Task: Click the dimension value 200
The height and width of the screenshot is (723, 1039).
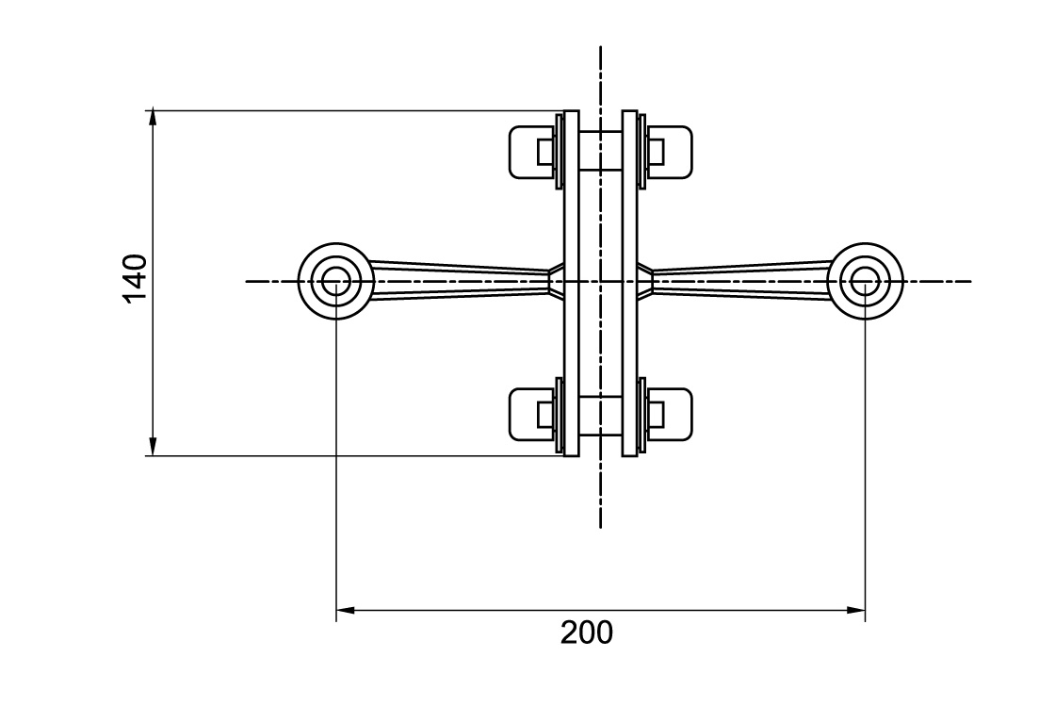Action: point(586,633)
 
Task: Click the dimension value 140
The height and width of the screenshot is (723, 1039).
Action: point(135,277)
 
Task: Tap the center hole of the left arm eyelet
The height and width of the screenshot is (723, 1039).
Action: point(336,281)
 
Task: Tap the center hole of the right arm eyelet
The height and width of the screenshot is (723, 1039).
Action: point(865,281)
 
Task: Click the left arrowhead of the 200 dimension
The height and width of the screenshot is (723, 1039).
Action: point(345,610)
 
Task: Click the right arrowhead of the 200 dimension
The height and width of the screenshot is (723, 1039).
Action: point(857,610)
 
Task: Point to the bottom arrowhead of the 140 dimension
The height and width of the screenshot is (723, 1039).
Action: point(152,448)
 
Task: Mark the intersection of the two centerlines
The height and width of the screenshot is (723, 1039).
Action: point(600,281)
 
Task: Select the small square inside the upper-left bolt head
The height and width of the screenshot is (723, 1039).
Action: point(545,152)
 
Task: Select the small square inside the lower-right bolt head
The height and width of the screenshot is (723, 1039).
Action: point(656,415)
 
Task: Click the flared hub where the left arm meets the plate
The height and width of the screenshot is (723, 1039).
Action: point(556,281)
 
